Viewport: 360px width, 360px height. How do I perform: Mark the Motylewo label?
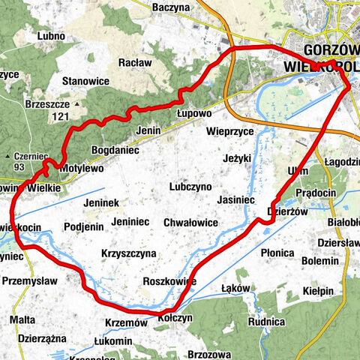coord(81,168)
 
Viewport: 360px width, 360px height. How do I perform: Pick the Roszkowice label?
coord(169,280)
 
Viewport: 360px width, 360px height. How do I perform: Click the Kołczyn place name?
coord(175,317)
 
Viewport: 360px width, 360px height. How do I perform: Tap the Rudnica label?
coord(268,322)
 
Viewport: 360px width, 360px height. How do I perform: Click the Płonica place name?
coord(277,253)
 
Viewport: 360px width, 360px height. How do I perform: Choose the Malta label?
coord(22,320)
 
